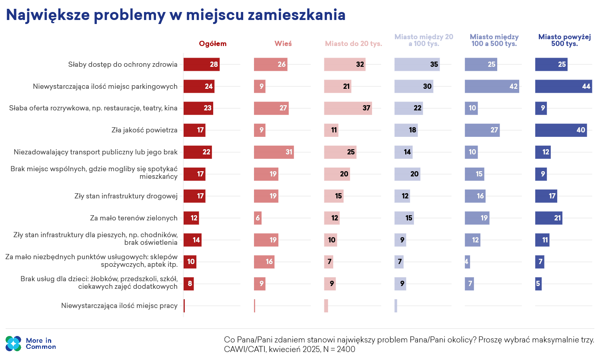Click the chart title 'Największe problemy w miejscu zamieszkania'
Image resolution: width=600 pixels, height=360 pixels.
tap(176, 15)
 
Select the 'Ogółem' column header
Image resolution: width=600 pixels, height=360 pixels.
tap(213, 44)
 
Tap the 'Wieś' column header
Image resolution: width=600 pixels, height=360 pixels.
tap(283, 44)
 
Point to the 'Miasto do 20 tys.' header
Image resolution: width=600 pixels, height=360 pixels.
tap(353, 44)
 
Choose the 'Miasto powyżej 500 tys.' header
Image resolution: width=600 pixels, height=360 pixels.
tap(564, 40)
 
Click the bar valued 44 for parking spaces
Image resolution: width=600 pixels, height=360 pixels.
tap(564, 86)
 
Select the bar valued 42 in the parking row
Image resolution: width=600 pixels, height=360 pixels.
tap(492, 86)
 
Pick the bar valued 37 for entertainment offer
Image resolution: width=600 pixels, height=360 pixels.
tap(348, 108)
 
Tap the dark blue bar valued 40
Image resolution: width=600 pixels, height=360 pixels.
tap(561, 130)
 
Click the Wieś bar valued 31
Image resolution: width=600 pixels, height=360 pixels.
tap(274, 152)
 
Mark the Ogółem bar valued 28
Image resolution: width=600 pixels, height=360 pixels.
tap(202, 64)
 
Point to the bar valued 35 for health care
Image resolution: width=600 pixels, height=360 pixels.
tap(417, 64)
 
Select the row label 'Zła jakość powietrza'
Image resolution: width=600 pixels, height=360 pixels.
tap(144, 130)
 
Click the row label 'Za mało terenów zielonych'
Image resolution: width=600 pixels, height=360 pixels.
tap(134, 218)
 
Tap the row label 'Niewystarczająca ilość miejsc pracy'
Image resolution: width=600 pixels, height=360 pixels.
tap(119, 306)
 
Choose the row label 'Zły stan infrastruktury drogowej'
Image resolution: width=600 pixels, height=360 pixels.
tap(126, 196)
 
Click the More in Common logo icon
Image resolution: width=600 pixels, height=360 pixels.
tap(13, 343)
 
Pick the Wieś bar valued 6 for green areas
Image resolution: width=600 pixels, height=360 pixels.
tap(258, 218)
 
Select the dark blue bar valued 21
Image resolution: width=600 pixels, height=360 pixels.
tap(548, 218)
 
